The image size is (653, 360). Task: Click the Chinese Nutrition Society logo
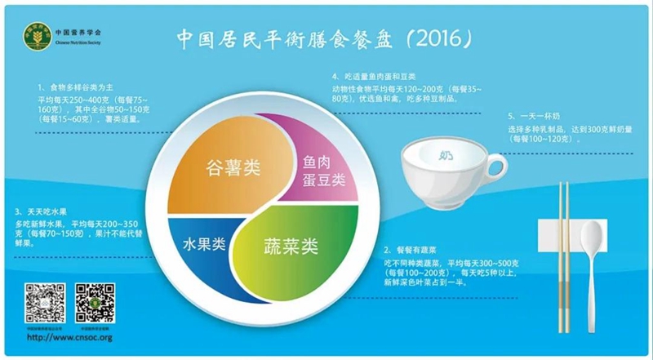[34, 38]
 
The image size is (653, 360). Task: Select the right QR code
[93, 303]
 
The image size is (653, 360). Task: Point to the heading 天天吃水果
[45, 211]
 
